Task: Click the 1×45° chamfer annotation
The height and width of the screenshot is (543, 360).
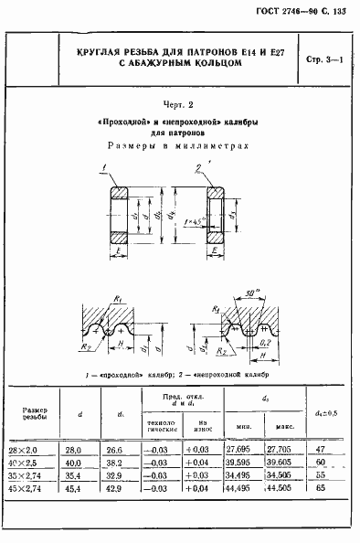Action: point(193,221)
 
